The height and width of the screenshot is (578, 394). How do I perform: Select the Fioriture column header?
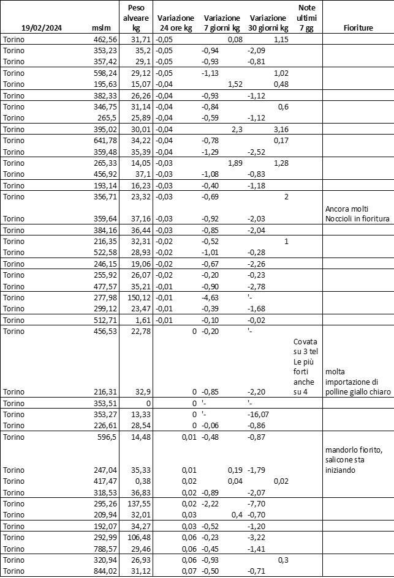(x=358, y=28)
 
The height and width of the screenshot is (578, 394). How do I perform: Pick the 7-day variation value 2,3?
(x=236, y=129)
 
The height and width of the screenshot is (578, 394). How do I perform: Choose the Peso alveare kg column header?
(x=137, y=18)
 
